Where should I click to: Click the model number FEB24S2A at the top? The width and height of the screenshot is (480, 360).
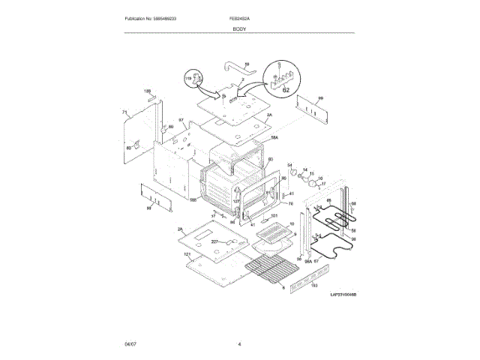click(239, 17)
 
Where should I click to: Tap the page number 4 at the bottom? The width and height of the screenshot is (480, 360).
click(239, 343)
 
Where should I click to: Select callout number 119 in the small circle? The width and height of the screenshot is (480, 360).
click(188, 78)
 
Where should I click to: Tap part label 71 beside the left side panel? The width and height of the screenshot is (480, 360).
click(124, 113)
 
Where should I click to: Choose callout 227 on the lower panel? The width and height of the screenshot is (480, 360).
click(214, 241)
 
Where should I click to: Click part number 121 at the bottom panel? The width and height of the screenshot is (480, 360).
click(187, 255)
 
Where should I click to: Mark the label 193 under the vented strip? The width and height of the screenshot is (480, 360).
click(315, 286)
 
